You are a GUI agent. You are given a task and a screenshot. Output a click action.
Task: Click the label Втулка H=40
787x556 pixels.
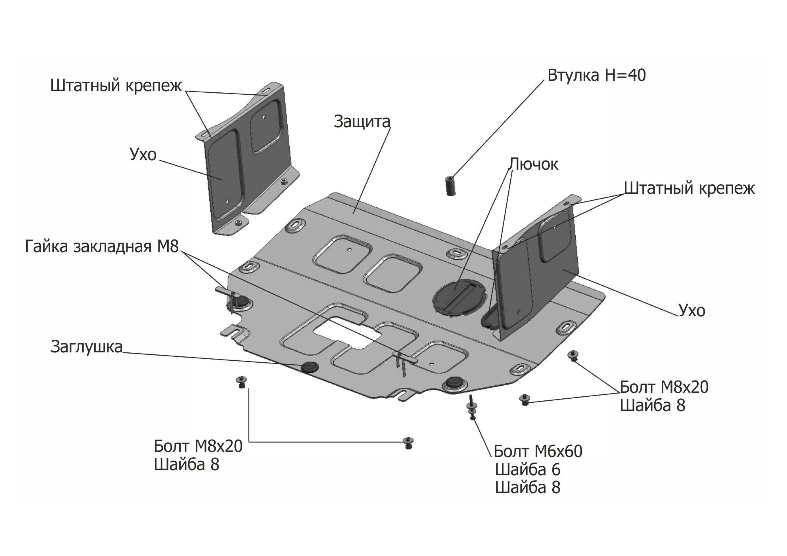[x=597, y=75]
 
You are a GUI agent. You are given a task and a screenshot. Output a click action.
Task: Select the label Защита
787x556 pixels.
[x=362, y=122]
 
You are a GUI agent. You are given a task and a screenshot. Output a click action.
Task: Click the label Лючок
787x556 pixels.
[x=533, y=164]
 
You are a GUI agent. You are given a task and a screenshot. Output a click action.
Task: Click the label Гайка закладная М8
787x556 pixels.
[x=102, y=246]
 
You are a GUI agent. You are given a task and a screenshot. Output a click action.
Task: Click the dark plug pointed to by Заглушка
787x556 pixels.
[x=310, y=367]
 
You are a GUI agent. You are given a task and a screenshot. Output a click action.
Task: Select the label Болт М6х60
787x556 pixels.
[x=538, y=452]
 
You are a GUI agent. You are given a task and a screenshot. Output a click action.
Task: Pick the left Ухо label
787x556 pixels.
[x=143, y=154]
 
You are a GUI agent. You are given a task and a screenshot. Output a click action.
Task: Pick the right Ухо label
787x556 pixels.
[x=692, y=311]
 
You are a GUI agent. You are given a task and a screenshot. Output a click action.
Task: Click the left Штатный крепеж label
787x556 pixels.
[x=116, y=85]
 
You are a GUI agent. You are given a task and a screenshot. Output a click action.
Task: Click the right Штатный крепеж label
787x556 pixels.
[x=689, y=188]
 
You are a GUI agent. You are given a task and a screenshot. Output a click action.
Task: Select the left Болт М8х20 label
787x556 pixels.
[x=198, y=446]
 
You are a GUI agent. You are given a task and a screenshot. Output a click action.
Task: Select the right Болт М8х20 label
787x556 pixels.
[x=664, y=387]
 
